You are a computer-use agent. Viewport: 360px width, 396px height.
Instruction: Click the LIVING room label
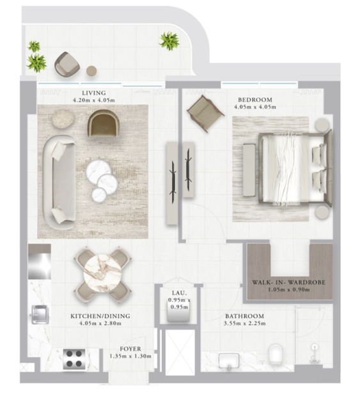click(94, 93)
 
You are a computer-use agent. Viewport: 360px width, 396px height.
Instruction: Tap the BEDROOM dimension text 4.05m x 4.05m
click(255, 107)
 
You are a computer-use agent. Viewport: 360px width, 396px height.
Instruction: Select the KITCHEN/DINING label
click(100, 316)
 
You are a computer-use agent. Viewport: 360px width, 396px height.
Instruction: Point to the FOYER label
click(130, 349)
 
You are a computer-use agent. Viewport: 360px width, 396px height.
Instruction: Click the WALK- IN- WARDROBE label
click(288, 282)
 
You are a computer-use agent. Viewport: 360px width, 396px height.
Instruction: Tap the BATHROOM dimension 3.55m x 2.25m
click(244, 323)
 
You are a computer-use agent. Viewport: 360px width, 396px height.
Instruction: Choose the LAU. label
click(179, 293)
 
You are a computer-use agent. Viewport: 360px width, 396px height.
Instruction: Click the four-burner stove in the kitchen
click(74, 359)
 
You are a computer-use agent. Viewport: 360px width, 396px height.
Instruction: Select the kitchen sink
click(40, 314)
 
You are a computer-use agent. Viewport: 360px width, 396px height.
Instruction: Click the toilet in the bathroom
click(276, 355)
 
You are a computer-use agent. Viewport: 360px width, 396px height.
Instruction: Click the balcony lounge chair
click(67, 64)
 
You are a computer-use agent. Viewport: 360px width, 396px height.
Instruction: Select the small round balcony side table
click(91, 71)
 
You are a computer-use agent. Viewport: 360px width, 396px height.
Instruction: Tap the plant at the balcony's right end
click(169, 41)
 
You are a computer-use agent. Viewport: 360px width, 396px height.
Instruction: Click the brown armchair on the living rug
click(103, 123)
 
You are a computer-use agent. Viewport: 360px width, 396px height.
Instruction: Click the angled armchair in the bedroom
click(205, 113)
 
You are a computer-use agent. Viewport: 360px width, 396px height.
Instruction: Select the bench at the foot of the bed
click(249, 170)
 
